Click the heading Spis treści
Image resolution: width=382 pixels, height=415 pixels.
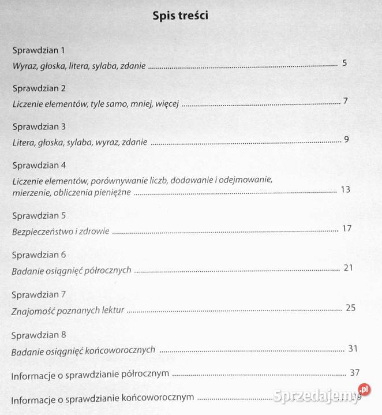pyautogui.click(x=181, y=16)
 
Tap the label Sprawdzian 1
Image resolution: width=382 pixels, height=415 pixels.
pyautogui.click(x=39, y=50)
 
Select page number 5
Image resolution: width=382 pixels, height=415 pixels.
pyautogui.click(x=344, y=62)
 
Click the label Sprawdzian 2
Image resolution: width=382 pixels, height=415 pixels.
pyautogui.click(x=39, y=88)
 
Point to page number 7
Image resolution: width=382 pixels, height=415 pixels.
pyautogui.click(x=345, y=101)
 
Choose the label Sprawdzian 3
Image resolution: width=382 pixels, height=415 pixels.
pyautogui.click(x=39, y=126)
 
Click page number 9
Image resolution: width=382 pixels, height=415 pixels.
pyautogui.click(x=346, y=139)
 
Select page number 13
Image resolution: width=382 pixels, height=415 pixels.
pyautogui.click(x=346, y=189)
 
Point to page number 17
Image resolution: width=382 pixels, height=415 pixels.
pyautogui.click(x=347, y=228)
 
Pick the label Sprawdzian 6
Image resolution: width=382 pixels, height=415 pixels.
pyautogui.click(x=39, y=255)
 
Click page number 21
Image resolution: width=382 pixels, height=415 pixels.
pyautogui.click(x=347, y=267)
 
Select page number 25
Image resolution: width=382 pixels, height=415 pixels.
pyautogui.click(x=350, y=307)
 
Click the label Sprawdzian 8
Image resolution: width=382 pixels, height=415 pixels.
pyautogui.click(x=39, y=335)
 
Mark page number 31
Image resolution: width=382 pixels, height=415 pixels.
pyautogui.click(x=353, y=348)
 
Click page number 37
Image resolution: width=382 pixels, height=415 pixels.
pyautogui.click(x=354, y=372)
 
